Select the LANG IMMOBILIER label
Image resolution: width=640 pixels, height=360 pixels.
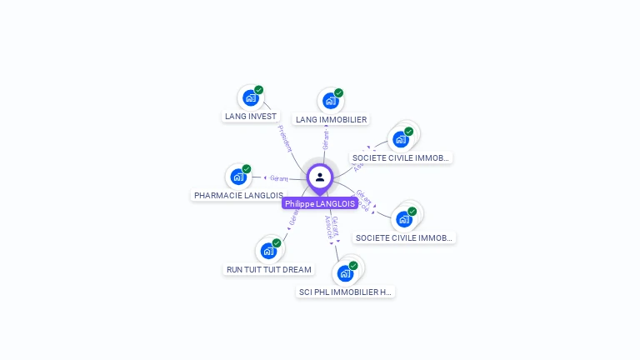click(x=331, y=120)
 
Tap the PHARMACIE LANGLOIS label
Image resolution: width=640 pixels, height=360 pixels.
click(x=238, y=196)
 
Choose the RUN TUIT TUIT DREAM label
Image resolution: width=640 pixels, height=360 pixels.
click(x=269, y=270)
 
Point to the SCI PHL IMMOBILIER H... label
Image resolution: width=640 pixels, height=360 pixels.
click(x=345, y=292)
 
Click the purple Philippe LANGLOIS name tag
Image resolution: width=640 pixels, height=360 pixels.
click(x=320, y=203)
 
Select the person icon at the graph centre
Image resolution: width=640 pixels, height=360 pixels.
click(x=320, y=177)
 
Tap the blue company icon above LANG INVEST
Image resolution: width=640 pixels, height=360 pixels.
click(x=250, y=98)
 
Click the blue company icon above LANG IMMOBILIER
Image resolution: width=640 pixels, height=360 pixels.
click(x=330, y=102)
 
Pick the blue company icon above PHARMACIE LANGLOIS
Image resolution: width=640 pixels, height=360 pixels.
click(x=237, y=177)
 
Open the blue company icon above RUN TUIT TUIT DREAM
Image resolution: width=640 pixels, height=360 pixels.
click(x=268, y=251)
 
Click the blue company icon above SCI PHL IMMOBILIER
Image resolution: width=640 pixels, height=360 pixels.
click(x=345, y=273)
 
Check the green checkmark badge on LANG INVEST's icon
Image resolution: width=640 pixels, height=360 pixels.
click(x=259, y=90)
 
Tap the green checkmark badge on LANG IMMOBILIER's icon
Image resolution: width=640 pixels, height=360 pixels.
click(x=338, y=93)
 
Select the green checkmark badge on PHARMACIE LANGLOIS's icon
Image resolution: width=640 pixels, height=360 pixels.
click(x=247, y=169)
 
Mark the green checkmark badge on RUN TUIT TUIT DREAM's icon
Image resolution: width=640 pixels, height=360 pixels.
click(x=277, y=243)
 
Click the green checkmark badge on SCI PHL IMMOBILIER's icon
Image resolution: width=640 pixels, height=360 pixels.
click(x=353, y=266)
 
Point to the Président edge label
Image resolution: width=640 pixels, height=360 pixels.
click(x=285, y=138)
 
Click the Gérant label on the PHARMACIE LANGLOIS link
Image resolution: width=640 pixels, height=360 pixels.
click(x=279, y=177)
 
